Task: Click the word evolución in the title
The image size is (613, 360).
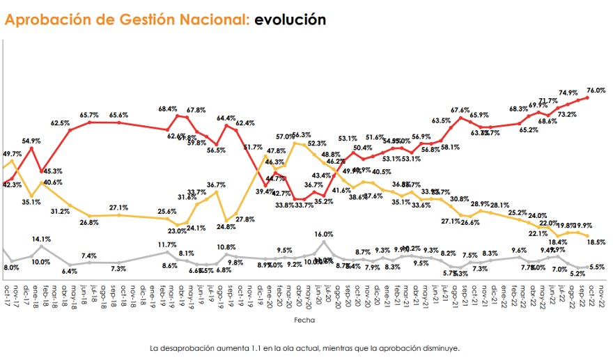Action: click(x=290, y=19)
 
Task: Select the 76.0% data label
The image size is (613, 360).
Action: click(x=596, y=91)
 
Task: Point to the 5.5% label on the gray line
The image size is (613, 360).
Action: click(x=596, y=267)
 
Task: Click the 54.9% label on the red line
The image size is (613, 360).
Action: click(x=32, y=141)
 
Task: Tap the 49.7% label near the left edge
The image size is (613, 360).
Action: click(x=13, y=153)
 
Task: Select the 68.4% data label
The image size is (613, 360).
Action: click(x=168, y=109)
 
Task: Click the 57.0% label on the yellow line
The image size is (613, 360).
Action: click(x=286, y=136)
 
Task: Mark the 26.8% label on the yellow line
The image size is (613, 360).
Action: click(x=89, y=223)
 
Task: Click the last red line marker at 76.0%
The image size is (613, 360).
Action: click(x=589, y=97)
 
